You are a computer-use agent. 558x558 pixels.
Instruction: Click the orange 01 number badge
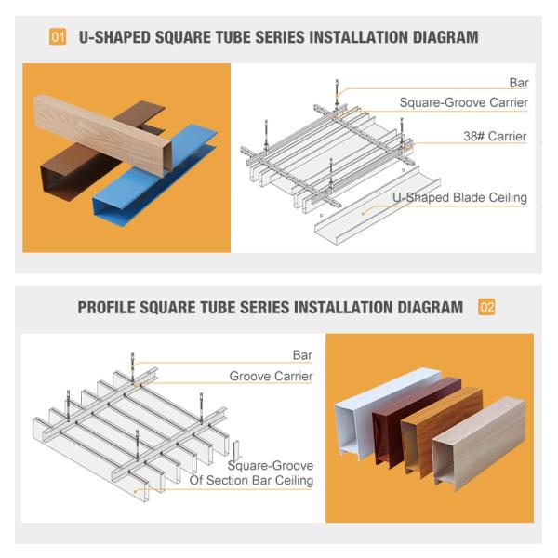58,38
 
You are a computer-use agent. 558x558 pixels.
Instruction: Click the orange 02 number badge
486,307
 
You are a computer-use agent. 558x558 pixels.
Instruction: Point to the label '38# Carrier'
495,137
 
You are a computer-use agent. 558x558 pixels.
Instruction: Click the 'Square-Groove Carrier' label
463,102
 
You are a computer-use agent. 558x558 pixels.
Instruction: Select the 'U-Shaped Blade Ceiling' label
459,197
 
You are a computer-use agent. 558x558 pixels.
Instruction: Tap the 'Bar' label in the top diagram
518,83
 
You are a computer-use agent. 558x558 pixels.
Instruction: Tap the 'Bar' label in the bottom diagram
302,355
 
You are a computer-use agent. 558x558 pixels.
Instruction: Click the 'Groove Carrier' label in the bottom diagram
271,377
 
